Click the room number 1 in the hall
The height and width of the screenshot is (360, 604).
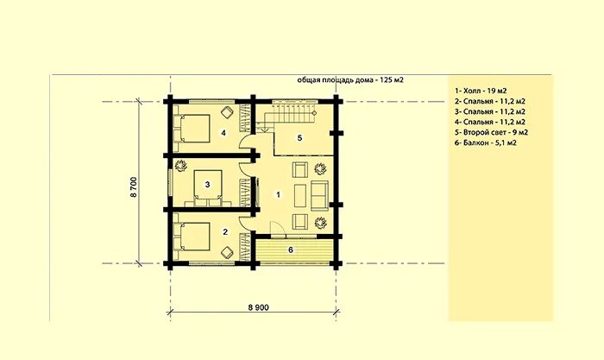(278, 194)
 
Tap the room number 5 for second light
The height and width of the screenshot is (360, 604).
(299, 138)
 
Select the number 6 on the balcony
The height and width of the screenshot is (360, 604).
(291, 249)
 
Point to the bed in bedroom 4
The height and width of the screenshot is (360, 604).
(192, 128)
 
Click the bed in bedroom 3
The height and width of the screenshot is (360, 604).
(208, 188)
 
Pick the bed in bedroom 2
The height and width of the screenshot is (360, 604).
(192, 236)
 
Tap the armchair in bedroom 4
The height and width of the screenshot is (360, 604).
(227, 112)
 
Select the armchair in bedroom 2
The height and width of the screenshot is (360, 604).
(227, 253)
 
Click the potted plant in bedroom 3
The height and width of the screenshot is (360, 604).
(179, 166)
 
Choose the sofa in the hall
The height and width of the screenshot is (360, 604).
(320, 195)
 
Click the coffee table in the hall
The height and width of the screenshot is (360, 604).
(300, 195)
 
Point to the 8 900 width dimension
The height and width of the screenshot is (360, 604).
(259, 307)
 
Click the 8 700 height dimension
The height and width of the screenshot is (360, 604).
(134, 187)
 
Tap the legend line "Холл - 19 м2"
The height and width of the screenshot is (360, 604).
(481, 91)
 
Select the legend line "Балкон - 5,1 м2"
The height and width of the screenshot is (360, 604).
(485, 142)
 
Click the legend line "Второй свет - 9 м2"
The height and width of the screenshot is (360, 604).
(491, 132)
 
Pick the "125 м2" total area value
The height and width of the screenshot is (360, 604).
(392, 80)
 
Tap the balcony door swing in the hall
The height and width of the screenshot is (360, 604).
(277, 228)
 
